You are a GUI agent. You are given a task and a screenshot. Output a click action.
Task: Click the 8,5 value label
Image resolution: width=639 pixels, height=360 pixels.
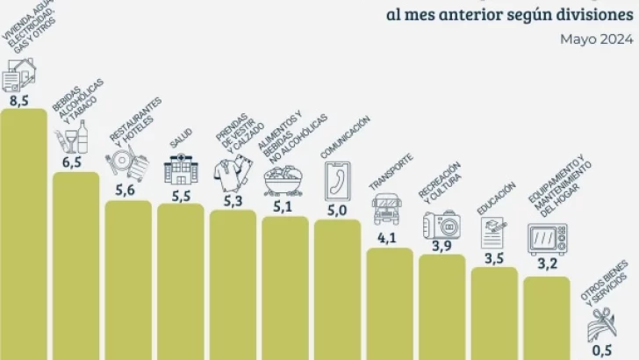(x=18, y=101)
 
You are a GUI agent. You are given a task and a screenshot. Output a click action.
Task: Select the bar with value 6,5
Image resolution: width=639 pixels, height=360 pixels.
(x=76, y=263)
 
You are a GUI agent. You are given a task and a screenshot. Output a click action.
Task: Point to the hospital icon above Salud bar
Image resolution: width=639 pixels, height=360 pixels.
(x=181, y=169)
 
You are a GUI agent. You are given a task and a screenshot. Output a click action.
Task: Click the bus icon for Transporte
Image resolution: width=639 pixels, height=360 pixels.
(x=387, y=208)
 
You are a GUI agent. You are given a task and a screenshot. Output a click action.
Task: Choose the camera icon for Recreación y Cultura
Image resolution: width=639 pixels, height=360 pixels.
(x=440, y=223)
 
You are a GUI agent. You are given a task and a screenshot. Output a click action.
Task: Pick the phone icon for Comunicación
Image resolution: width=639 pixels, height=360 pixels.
(x=337, y=180)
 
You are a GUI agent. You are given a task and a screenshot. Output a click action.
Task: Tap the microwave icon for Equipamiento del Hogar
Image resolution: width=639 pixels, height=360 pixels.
(x=547, y=239)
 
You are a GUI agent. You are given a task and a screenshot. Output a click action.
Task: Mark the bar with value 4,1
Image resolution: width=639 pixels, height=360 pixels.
(x=389, y=303)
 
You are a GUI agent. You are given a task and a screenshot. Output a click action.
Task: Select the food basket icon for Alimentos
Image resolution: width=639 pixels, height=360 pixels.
(x=284, y=180)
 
